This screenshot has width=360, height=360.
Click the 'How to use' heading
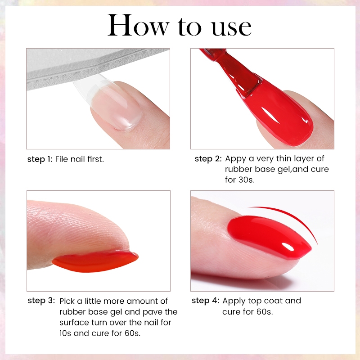point(180,25)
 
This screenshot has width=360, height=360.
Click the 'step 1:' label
point(40,159)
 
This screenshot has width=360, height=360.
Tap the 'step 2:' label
point(208,159)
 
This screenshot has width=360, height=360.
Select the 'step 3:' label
point(41,301)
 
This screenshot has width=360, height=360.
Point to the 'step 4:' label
point(206,301)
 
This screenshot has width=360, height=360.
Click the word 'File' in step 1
point(62,159)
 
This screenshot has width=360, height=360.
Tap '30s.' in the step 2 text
point(247,180)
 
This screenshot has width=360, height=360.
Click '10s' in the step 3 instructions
point(65,333)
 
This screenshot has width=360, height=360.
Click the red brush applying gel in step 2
point(232,73)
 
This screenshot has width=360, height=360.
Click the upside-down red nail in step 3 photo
point(95,262)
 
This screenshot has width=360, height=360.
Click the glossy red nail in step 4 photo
point(269,235)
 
